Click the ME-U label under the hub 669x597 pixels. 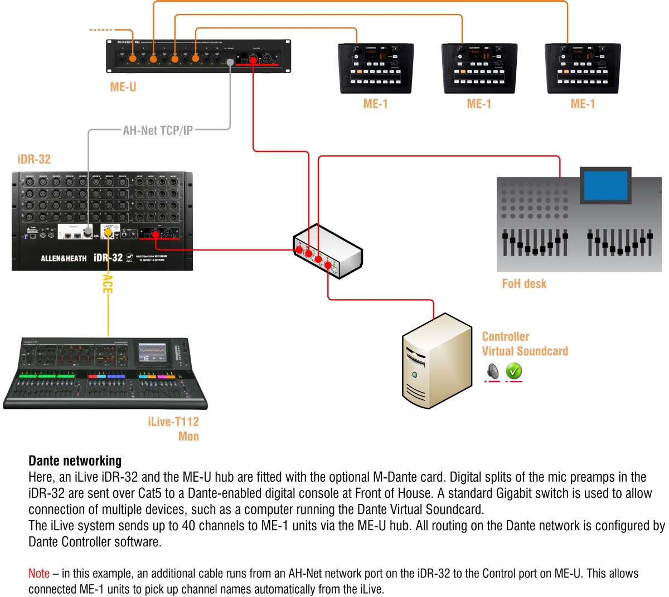pyautogui.click(x=123, y=87)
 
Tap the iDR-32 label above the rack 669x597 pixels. pyautogui.click(x=34, y=159)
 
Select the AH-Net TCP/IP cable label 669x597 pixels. pyautogui.click(x=158, y=130)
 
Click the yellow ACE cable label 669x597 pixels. pyautogui.click(x=108, y=283)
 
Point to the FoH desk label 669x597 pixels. pyautogui.click(x=524, y=283)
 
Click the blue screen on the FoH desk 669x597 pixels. pyautogui.click(x=606, y=187)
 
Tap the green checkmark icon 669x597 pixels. pyautogui.click(x=514, y=370)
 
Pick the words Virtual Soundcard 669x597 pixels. pyautogui.click(x=525, y=351)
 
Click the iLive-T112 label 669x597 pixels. pyautogui.click(x=173, y=422)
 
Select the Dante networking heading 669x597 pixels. pyautogui.click(x=75, y=461)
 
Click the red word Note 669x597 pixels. pyautogui.click(x=39, y=574)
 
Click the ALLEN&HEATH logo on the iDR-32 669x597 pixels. pyautogui.click(x=64, y=258)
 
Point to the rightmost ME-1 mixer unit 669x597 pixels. pyautogui.click(x=583, y=68)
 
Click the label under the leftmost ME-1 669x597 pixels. pyautogui.click(x=375, y=104)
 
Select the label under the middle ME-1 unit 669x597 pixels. pyautogui.click(x=479, y=104)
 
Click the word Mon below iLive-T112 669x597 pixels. pyautogui.click(x=188, y=437)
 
